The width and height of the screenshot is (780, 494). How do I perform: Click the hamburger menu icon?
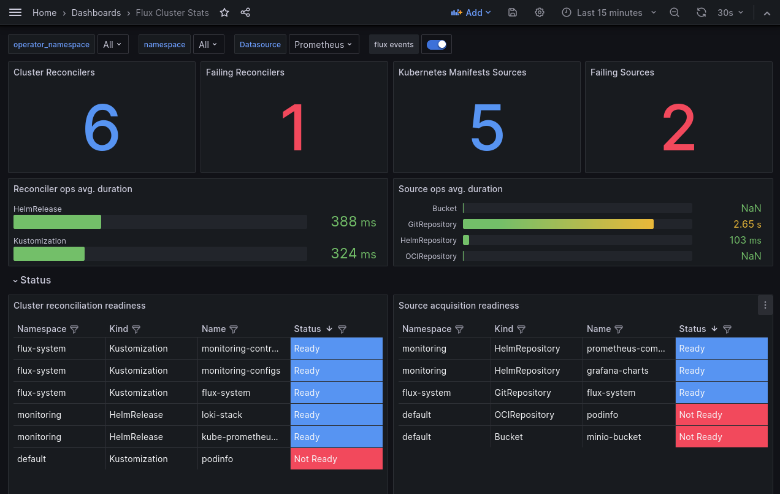[x=15, y=12]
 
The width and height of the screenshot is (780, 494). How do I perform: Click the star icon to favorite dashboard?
[x=224, y=12]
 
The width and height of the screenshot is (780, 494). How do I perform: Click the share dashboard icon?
[x=245, y=12]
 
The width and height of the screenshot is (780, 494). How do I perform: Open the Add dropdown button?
[x=471, y=12]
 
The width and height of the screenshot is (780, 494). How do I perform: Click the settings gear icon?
[x=540, y=12]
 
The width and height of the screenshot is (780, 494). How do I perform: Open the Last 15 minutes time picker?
[x=609, y=12]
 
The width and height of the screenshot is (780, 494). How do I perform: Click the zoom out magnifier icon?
[x=675, y=12]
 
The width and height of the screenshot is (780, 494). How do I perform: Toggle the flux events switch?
[x=437, y=44]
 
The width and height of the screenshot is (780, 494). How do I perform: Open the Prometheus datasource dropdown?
[x=324, y=44]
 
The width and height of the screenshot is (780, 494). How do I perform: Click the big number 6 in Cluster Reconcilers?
[x=102, y=128]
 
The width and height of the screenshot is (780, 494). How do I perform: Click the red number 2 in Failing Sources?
[x=679, y=128]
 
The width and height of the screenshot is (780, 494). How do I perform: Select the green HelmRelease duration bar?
[x=57, y=222]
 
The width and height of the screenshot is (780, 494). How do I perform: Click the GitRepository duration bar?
[x=558, y=224]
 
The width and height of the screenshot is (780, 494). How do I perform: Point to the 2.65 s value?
[x=747, y=224]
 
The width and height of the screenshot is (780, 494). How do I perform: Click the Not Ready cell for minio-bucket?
[x=721, y=437]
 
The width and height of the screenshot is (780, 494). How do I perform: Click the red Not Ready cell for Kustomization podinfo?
[x=336, y=459]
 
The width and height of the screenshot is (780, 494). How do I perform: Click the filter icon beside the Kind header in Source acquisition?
[x=521, y=330]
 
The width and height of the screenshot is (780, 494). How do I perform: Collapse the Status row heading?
[x=32, y=280]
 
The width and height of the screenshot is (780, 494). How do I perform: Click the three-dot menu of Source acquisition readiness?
[x=765, y=305]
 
